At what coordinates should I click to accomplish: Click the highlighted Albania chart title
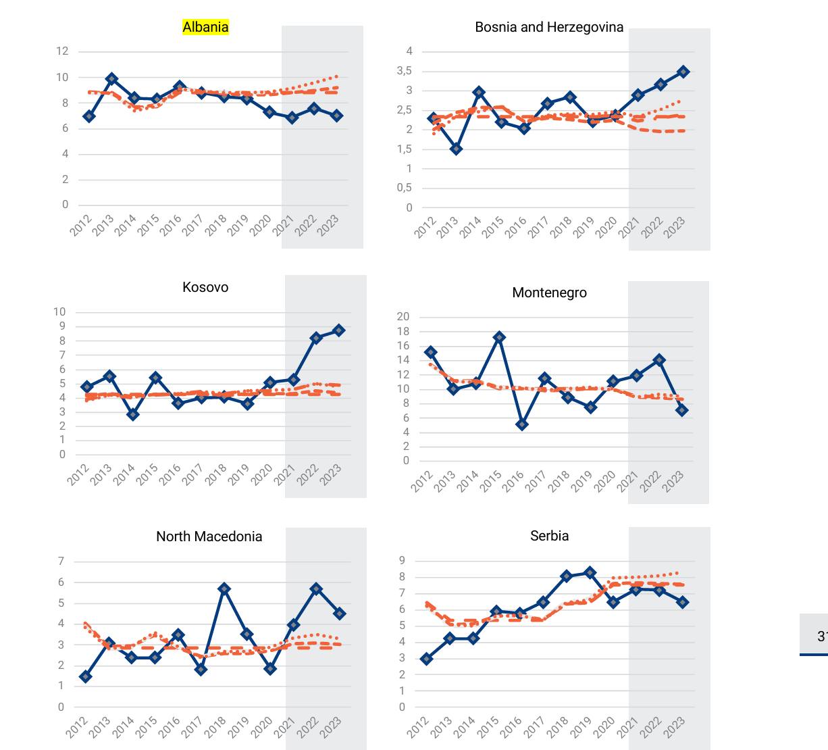pyautogui.click(x=205, y=27)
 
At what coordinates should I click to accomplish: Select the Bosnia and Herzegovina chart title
pyautogui.click(x=549, y=27)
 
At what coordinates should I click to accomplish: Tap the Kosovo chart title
pyautogui.click(x=205, y=287)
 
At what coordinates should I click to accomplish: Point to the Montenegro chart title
pyautogui.click(x=549, y=293)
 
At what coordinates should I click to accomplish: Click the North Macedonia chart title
pyautogui.click(x=209, y=536)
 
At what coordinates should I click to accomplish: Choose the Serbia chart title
pyautogui.click(x=549, y=536)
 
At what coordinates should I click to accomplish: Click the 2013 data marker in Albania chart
pyautogui.click(x=112, y=79)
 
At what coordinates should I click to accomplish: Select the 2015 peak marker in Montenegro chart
pyautogui.click(x=499, y=337)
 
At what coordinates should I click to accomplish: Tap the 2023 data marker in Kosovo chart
pyautogui.click(x=338, y=330)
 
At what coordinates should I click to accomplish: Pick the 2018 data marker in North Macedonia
pyautogui.click(x=224, y=589)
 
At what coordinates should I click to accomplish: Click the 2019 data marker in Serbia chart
pyautogui.click(x=590, y=573)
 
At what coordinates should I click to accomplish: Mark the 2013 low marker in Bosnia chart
pyautogui.click(x=457, y=149)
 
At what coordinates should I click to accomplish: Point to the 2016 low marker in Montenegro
pyautogui.click(x=522, y=424)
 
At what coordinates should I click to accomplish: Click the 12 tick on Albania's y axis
pyautogui.click(x=62, y=51)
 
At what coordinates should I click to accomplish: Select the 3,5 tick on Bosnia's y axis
pyautogui.click(x=404, y=71)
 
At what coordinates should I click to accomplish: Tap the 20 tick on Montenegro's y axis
pyautogui.click(x=403, y=317)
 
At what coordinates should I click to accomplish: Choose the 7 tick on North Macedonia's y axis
pyautogui.click(x=61, y=561)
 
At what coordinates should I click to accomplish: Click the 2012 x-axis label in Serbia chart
pyautogui.click(x=419, y=727)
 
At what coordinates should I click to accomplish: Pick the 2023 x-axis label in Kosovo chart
pyautogui.click(x=331, y=474)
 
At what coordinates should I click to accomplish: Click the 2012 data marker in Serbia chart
pyautogui.click(x=426, y=659)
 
